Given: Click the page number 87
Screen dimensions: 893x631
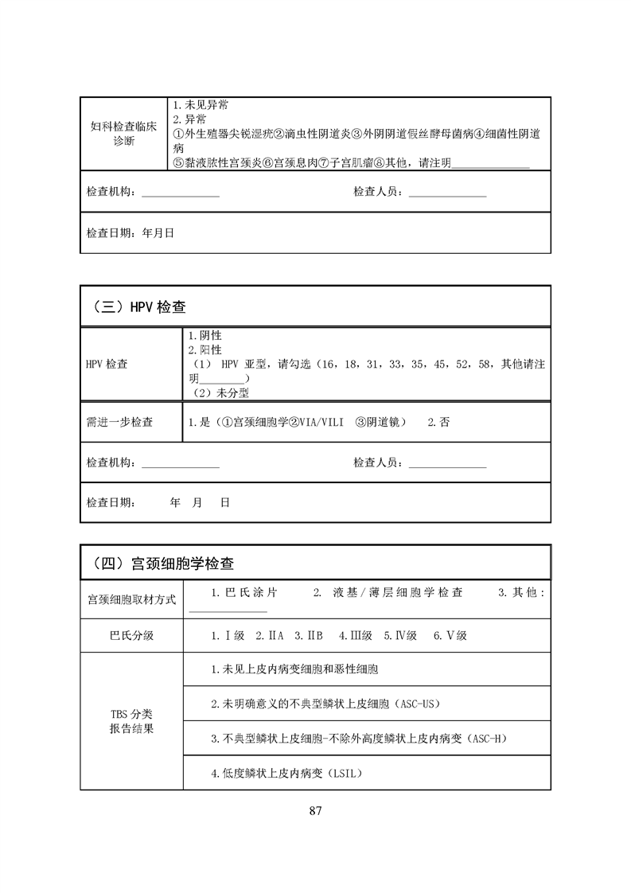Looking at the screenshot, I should point(315,812).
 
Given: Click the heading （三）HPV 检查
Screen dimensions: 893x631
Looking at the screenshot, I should point(134,306).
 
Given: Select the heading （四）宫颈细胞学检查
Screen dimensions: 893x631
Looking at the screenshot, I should point(158,563).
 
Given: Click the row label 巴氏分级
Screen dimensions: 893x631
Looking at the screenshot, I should point(131,636).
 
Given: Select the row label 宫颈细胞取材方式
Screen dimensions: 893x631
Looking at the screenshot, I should point(131,599).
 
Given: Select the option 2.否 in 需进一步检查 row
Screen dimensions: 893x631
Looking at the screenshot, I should point(438,423).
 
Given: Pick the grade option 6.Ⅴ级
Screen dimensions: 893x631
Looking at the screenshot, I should point(450,636).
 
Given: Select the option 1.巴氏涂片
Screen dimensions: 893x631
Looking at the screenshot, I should point(245,593).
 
